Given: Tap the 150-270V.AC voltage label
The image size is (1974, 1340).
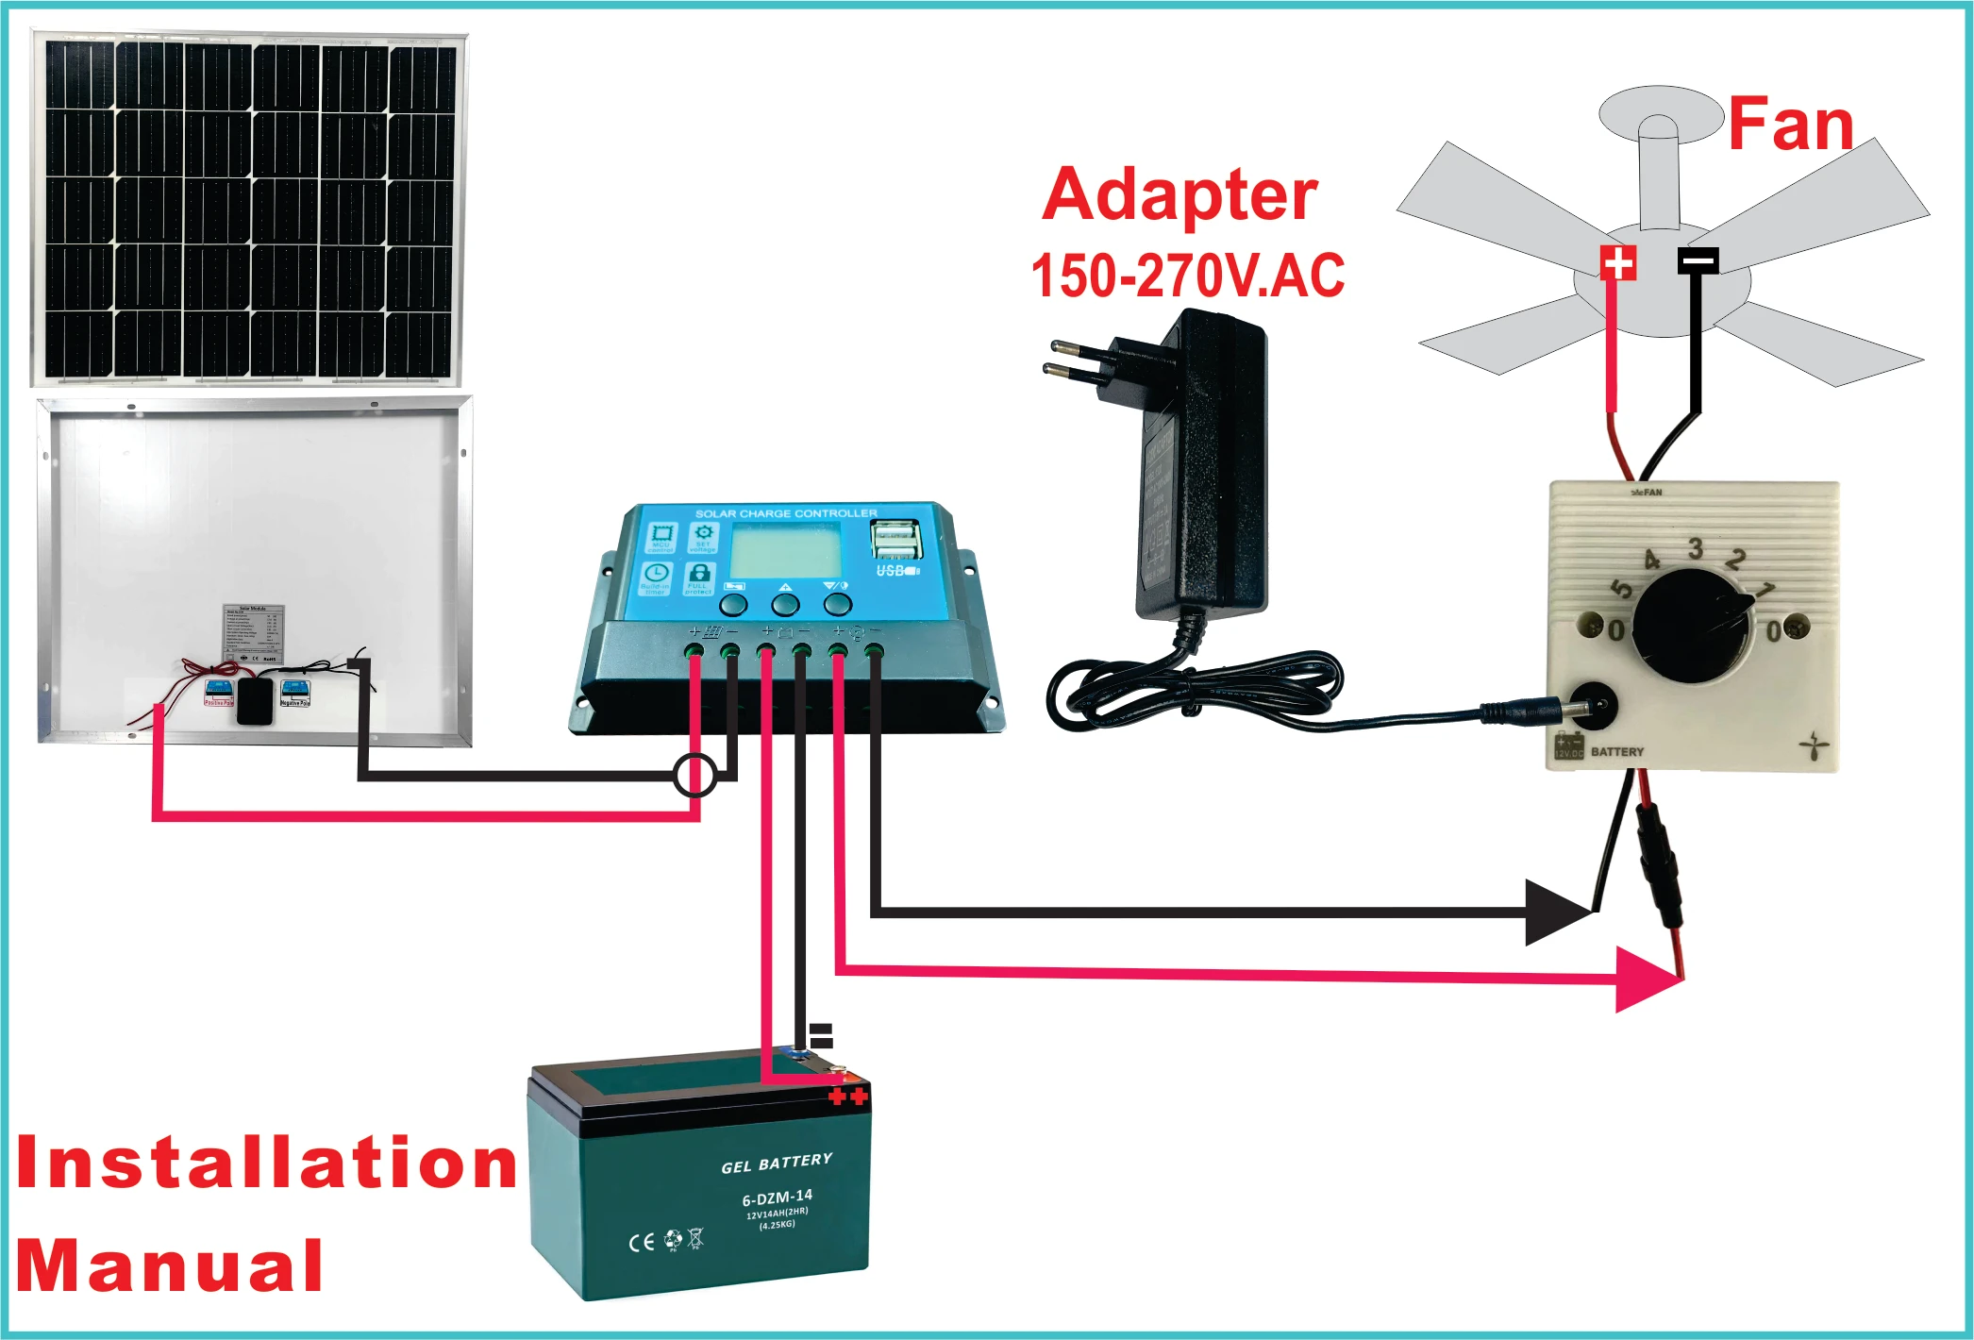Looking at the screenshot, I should click(x=1187, y=276).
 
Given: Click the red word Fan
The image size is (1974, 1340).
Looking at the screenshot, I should click(x=1790, y=125).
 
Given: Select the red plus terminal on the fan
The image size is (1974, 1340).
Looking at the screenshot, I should click(x=1617, y=262).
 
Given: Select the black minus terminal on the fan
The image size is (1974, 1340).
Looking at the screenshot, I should click(x=1698, y=260).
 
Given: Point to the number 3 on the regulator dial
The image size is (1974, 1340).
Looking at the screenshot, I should click(x=1695, y=548).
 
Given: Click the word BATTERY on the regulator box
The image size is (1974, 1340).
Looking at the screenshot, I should click(x=1616, y=752).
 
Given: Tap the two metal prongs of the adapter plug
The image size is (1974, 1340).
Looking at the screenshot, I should click(x=1076, y=357).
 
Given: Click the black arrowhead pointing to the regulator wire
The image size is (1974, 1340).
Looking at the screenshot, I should click(x=1557, y=912).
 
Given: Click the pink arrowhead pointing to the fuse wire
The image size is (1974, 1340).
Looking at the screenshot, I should click(x=1647, y=980).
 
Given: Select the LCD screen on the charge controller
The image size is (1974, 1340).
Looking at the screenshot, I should click(x=785, y=550).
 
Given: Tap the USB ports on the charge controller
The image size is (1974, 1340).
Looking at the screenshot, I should click(x=895, y=541).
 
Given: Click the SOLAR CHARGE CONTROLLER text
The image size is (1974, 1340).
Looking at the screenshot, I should click(x=786, y=513).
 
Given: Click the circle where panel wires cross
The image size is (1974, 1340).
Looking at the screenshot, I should click(x=695, y=776).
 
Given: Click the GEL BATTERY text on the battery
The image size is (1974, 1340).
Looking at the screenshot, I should click(x=777, y=1163).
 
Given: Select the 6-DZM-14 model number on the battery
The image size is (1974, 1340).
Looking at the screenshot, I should click(x=777, y=1198).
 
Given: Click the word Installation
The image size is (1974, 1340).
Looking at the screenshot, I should click(x=266, y=1163).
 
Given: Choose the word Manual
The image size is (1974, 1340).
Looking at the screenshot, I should click(x=170, y=1265).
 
